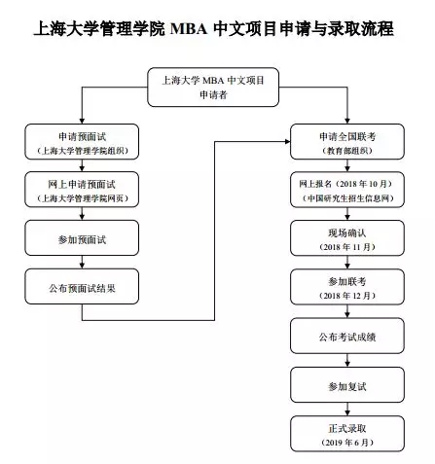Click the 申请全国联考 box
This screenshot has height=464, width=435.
tap(345, 143)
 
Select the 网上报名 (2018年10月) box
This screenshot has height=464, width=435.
tap(345, 190)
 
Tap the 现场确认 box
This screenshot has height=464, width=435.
tap(345, 239)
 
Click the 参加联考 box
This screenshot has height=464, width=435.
tap(345, 286)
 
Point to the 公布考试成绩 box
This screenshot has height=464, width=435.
tap(345, 336)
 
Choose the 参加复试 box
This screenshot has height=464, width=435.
tap(345, 386)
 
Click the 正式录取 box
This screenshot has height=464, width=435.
tap(345, 433)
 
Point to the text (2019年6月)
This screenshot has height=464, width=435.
tap(345, 443)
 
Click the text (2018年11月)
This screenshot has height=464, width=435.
tap(345, 249)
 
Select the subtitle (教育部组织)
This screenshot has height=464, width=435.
tap(345, 152)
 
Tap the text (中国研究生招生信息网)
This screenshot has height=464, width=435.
tap(345, 198)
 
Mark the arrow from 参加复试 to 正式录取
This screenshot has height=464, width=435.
tap(345, 409)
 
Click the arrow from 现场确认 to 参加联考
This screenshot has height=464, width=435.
tap(345, 263)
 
